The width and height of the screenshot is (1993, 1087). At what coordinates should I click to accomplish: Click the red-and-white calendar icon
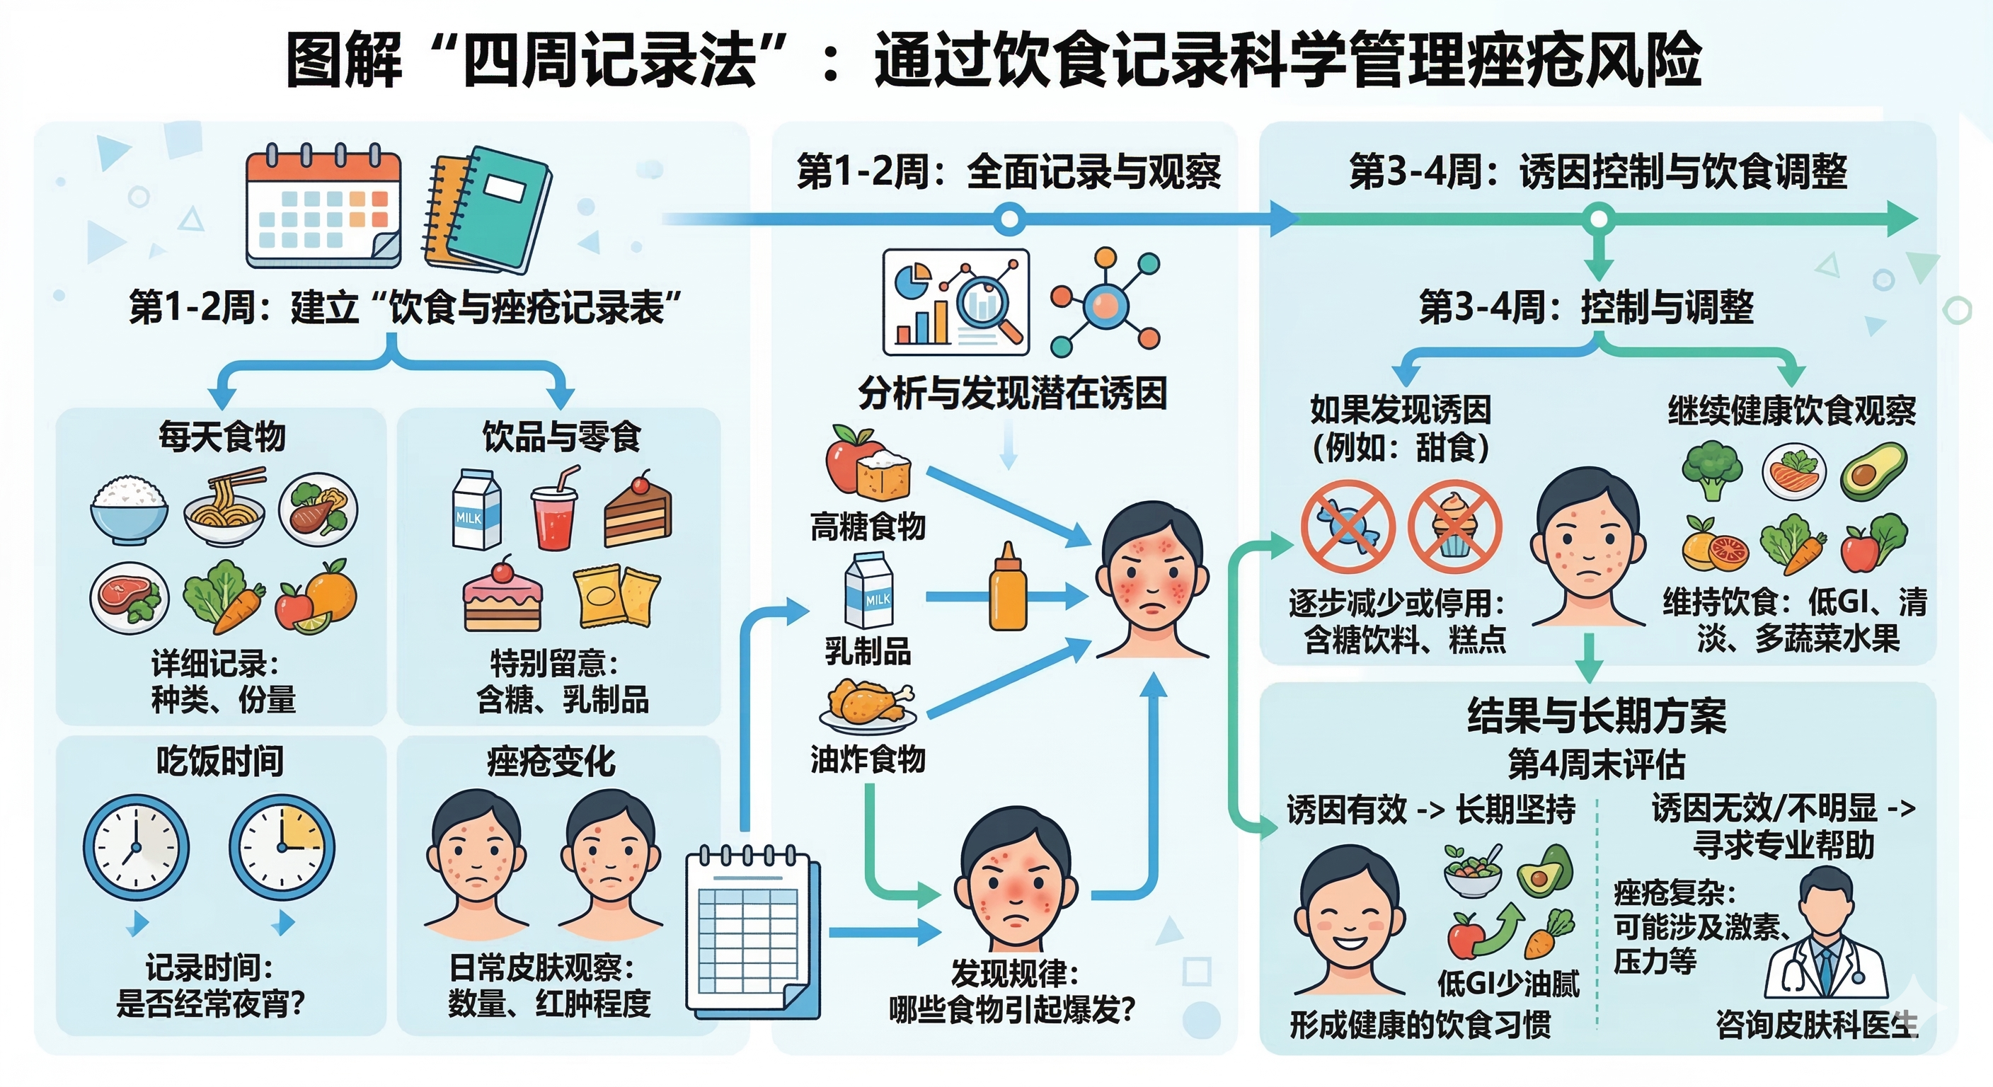coord(323,207)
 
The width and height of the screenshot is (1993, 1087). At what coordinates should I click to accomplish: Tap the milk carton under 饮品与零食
coord(476,509)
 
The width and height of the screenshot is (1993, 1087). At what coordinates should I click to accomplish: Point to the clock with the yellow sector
coord(282,847)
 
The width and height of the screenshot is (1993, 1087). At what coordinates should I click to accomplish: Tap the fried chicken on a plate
coord(868,705)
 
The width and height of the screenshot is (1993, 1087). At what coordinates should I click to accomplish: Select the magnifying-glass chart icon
coord(956,301)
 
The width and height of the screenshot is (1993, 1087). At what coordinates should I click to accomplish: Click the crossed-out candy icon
coord(1347,527)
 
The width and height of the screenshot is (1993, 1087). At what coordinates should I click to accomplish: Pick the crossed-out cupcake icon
coord(1454,527)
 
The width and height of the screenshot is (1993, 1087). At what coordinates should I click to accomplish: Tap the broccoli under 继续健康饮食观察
coord(1712,470)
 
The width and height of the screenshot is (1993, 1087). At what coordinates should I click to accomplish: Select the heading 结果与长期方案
coord(1597,715)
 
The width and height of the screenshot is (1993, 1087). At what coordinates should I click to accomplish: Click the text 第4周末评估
coord(1596,764)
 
